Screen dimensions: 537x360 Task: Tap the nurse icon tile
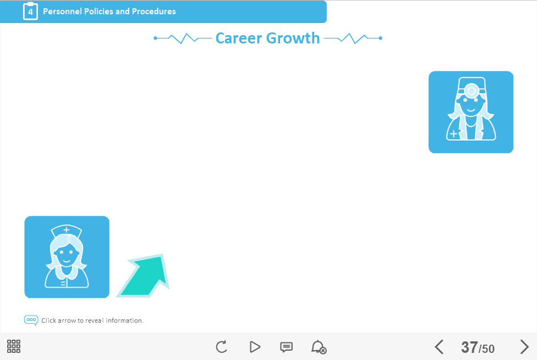(x=67, y=257)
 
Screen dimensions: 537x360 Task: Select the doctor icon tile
(x=471, y=112)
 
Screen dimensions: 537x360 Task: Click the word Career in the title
(x=239, y=38)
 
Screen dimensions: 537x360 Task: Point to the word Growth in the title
(x=293, y=38)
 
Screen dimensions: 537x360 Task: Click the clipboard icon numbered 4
(x=31, y=12)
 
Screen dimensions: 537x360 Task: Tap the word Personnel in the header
(x=63, y=12)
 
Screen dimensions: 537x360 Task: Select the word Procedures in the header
(x=154, y=12)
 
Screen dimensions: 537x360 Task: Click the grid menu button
(x=14, y=346)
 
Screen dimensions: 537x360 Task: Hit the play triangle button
(x=255, y=347)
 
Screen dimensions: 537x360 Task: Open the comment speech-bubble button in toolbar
(x=286, y=347)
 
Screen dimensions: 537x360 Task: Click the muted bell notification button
(x=318, y=347)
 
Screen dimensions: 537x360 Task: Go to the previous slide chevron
(x=439, y=347)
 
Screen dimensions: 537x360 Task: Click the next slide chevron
(x=524, y=347)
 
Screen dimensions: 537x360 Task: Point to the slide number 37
(x=469, y=347)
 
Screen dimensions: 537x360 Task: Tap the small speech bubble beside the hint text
(x=31, y=320)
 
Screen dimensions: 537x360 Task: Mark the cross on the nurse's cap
(x=66, y=229)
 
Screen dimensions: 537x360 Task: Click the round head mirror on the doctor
(x=471, y=91)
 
